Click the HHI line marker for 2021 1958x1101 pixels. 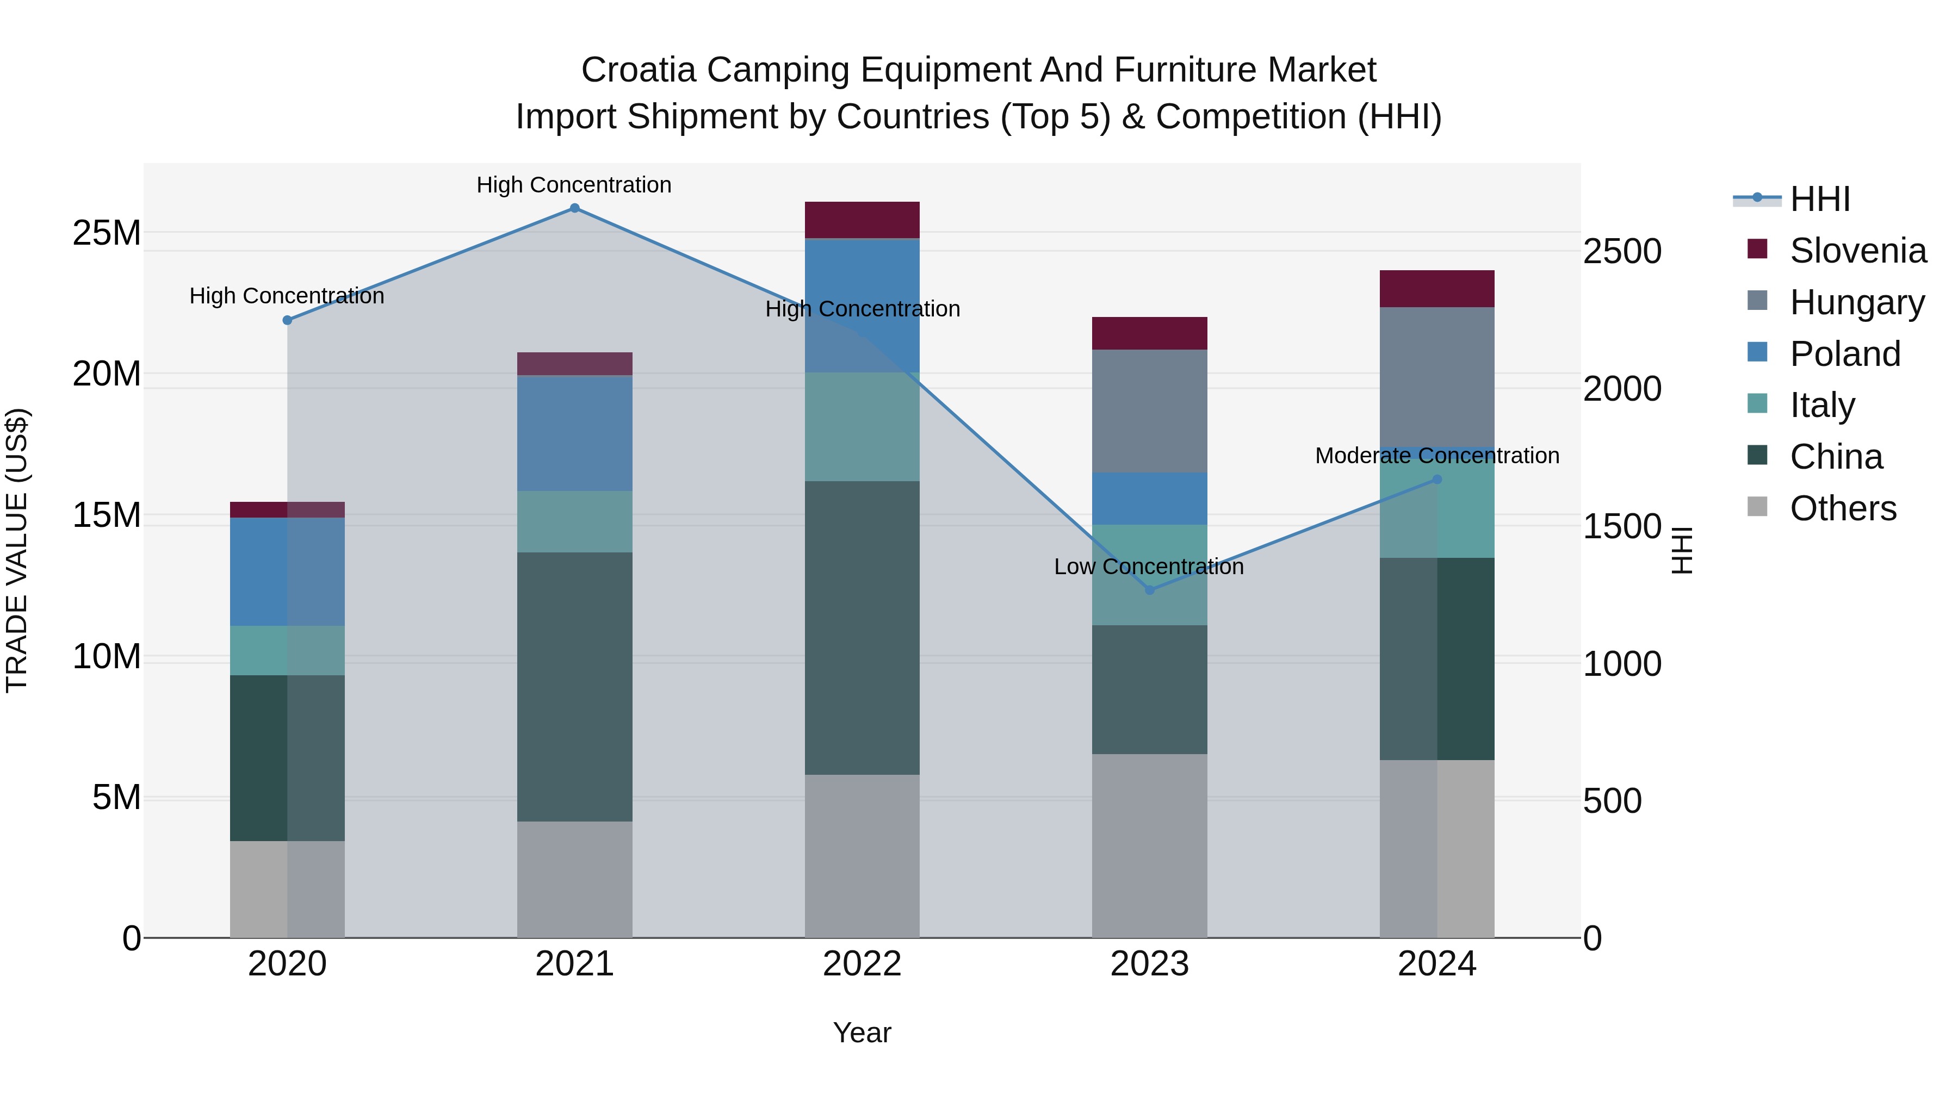pyautogui.click(x=575, y=208)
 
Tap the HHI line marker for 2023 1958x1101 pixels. pyautogui.click(x=1149, y=589)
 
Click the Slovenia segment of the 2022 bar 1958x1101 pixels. pyautogui.click(x=862, y=220)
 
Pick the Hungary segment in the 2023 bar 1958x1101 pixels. pyautogui.click(x=1149, y=411)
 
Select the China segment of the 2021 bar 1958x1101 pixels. pyautogui.click(x=575, y=687)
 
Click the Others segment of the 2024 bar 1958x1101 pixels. pyautogui.click(x=1436, y=849)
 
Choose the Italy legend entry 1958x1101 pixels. pyautogui.click(x=1822, y=405)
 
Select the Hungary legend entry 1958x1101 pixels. pyautogui.click(x=1857, y=302)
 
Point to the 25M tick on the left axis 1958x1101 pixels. pyautogui.click(x=107, y=233)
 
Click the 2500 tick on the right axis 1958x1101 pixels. pyautogui.click(x=1622, y=252)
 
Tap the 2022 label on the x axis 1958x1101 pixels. pyautogui.click(x=862, y=964)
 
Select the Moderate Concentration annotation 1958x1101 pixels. pyautogui.click(x=1436, y=456)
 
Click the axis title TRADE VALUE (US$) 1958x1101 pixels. pyautogui.click(x=17, y=550)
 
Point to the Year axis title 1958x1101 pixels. pyautogui.click(x=862, y=1032)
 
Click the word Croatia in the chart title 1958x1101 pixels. pyautogui.click(x=639, y=70)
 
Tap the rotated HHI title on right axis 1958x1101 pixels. pyautogui.click(x=1682, y=550)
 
